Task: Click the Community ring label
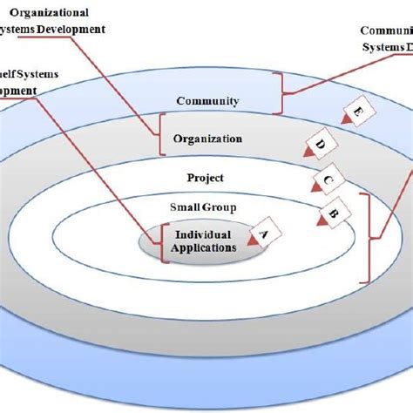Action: pyautogui.click(x=207, y=101)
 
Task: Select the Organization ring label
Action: pyautogui.click(x=207, y=139)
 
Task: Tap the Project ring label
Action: pyautogui.click(x=206, y=178)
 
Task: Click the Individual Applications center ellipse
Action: pyautogui.click(x=202, y=242)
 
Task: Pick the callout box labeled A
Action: pyautogui.click(x=265, y=234)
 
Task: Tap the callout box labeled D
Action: pyautogui.click(x=319, y=144)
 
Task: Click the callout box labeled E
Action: pyautogui.click(x=357, y=113)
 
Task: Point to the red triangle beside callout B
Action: pyautogui.click(x=321, y=223)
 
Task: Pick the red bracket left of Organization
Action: pyautogui.click(x=159, y=135)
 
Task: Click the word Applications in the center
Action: pyautogui.click(x=204, y=247)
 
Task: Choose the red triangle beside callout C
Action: pyautogui.click(x=315, y=187)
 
